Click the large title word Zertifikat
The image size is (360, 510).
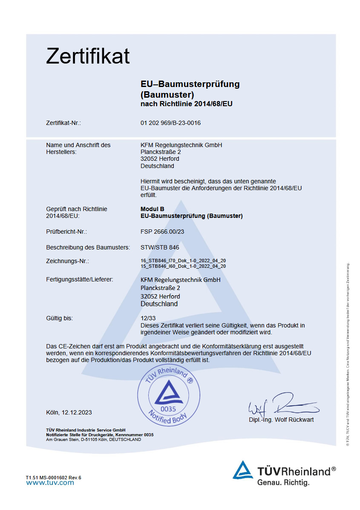[x=88, y=56]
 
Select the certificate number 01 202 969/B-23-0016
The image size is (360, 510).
[x=170, y=123]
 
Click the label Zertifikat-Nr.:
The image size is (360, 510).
[x=63, y=123]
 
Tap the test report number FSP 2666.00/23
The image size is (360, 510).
[x=162, y=232]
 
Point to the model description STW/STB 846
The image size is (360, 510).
[x=160, y=247]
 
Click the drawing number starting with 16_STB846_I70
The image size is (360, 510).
[x=183, y=261]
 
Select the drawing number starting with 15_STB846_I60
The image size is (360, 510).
[x=183, y=266]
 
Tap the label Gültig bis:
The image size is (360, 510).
[x=60, y=318]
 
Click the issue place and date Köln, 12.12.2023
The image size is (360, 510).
[x=69, y=412]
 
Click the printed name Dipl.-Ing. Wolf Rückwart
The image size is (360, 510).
[x=281, y=420]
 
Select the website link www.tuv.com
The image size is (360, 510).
[x=50, y=483]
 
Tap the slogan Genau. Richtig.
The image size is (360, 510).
[x=283, y=483]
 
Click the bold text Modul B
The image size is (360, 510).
[x=152, y=209]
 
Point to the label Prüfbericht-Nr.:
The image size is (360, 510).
[x=66, y=232]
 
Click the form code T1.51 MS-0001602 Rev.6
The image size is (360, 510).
[x=53, y=477]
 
